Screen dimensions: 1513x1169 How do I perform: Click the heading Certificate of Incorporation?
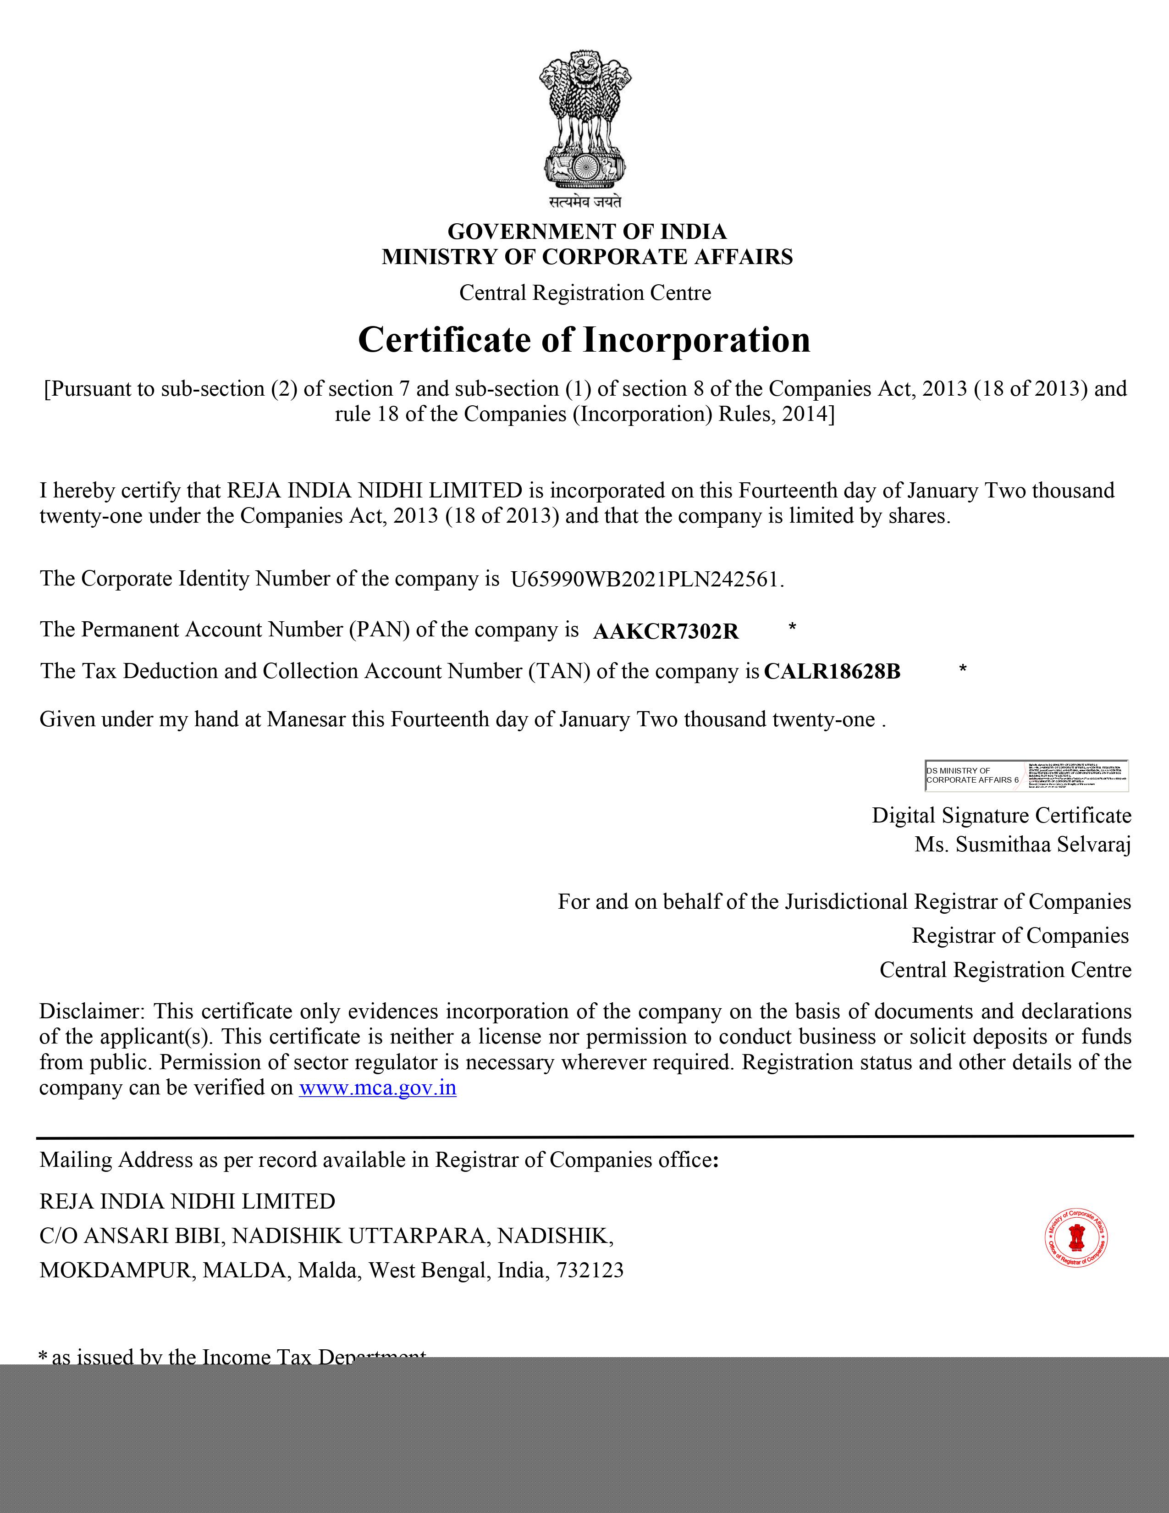(x=584, y=340)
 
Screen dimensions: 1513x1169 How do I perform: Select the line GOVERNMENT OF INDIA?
(x=587, y=232)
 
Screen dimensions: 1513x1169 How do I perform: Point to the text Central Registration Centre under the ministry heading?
(x=585, y=293)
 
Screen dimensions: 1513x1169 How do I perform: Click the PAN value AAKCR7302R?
(x=666, y=632)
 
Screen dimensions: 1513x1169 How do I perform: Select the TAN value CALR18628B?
(x=832, y=672)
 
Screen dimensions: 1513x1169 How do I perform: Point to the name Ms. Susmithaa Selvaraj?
(x=1022, y=845)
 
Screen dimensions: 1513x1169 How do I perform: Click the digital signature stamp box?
(x=1026, y=776)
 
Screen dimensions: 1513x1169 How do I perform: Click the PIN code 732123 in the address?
(x=590, y=1270)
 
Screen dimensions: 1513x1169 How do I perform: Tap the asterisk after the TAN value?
(x=963, y=669)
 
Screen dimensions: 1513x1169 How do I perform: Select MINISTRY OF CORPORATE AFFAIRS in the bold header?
(x=587, y=257)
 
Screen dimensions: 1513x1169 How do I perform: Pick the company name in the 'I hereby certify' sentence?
(x=375, y=491)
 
